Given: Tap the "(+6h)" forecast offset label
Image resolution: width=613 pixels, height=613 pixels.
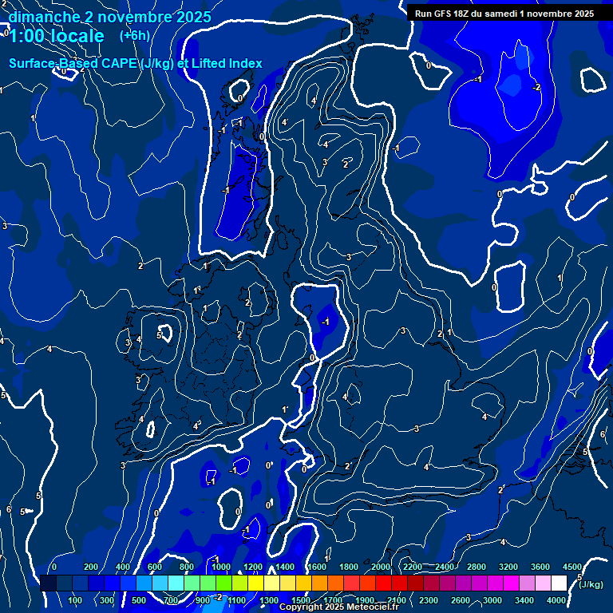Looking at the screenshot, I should point(134,35).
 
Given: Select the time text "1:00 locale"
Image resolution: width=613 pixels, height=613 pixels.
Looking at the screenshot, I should point(57,36).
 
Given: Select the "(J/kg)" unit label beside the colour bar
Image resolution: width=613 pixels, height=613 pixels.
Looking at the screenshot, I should point(591,584).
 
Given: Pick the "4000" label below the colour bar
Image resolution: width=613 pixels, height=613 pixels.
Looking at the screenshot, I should point(556,600).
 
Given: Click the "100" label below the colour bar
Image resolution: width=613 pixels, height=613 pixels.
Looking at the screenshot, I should point(75,600).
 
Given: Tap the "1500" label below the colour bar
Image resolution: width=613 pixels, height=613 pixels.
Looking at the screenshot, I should point(301,600).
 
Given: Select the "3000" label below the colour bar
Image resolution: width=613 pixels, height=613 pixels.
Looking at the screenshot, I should point(492,600).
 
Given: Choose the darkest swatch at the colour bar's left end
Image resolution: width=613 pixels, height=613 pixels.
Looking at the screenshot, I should point(48,583).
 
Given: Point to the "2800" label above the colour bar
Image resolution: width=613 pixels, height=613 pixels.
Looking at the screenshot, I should point(477,567).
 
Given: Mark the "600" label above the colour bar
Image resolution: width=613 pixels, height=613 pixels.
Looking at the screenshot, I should point(155,567).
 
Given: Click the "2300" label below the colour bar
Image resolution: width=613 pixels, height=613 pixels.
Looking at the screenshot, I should point(429,600).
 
